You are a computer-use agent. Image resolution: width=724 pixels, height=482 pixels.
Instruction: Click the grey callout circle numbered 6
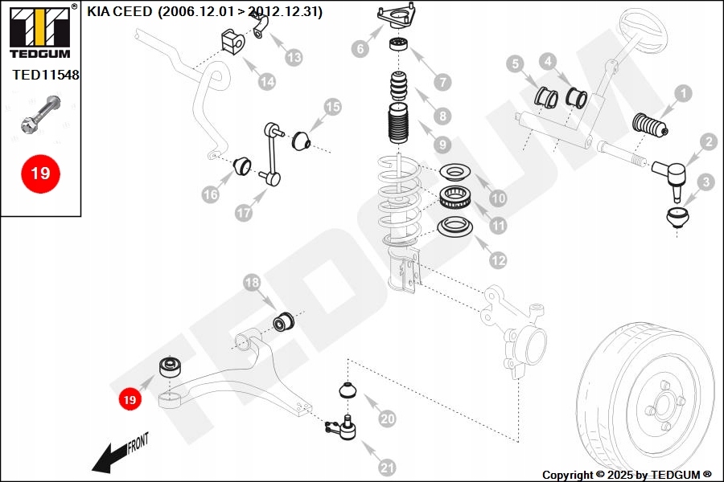click(x=360, y=49)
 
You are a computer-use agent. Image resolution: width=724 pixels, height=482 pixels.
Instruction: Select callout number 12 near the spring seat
click(x=499, y=260)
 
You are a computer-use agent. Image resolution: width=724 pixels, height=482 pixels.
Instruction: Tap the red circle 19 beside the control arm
click(x=129, y=398)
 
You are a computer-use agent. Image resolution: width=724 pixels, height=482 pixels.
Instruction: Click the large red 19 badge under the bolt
click(x=40, y=173)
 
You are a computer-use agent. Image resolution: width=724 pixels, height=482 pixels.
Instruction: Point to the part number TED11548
click(x=46, y=76)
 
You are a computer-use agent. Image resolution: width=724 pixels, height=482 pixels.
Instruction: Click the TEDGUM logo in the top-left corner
click(x=39, y=31)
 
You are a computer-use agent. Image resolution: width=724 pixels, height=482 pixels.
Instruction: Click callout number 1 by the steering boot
click(x=682, y=94)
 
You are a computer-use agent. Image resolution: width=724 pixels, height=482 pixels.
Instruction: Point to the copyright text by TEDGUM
click(x=627, y=475)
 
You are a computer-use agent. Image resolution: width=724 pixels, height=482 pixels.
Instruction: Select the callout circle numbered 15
click(x=332, y=107)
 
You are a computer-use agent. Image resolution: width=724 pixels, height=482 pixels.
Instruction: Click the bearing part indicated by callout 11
click(x=455, y=195)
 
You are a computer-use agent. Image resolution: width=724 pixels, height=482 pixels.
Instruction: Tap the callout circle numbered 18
click(x=252, y=283)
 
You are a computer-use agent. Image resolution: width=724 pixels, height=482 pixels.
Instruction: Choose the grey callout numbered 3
click(x=705, y=182)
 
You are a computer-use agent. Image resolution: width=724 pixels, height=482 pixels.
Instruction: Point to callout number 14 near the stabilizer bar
click(x=266, y=81)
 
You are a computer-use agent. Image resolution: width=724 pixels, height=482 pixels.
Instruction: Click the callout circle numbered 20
click(x=387, y=419)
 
